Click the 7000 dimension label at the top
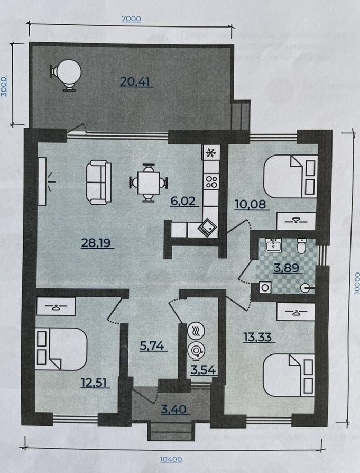[131, 19]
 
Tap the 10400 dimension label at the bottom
[171, 459]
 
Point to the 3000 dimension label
[4, 87]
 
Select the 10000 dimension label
[357, 283]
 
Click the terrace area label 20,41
[135, 81]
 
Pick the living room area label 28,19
[96, 242]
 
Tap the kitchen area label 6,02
[183, 201]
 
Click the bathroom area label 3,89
[286, 268]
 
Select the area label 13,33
[257, 336]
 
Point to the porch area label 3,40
[174, 410]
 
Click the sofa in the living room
[99, 182]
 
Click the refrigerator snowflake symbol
[211, 153]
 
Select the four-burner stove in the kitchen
[211, 181]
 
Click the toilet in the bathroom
[301, 246]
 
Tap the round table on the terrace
[67, 74]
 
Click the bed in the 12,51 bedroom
[61, 349]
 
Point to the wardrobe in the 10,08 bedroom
[296, 221]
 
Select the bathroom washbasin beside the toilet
[273, 245]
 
